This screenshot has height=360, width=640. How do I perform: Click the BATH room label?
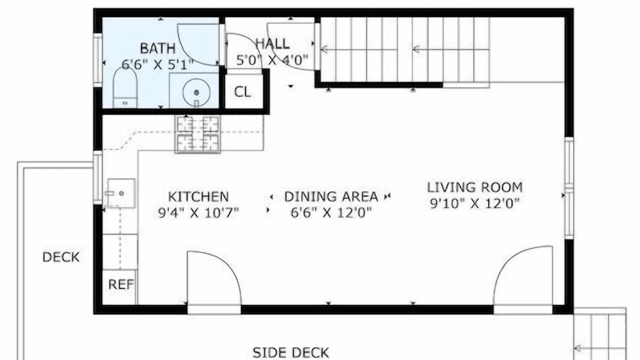[157, 48]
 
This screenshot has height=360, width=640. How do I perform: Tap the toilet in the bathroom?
[125, 87]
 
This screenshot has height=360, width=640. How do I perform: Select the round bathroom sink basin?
[196, 92]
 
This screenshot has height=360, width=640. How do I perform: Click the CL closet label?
[242, 92]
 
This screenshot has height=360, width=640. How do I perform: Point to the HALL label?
[272, 43]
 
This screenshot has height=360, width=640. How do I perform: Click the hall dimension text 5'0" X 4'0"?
[272, 60]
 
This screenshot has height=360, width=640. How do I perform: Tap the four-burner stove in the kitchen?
[197, 134]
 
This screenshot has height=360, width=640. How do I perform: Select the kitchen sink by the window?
[121, 193]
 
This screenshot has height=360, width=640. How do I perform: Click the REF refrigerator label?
[121, 284]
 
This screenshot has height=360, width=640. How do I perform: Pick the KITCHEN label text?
[198, 197]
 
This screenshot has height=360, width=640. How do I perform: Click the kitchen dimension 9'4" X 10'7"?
[198, 213]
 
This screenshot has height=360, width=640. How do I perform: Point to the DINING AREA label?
[331, 196]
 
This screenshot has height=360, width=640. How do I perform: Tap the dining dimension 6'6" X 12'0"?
[331, 212]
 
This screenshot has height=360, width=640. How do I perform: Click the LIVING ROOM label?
[475, 187]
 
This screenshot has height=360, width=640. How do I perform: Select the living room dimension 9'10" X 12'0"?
[475, 203]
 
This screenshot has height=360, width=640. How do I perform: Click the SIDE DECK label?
[291, 353]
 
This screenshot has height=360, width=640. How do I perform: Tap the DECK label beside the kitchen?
[61, 257]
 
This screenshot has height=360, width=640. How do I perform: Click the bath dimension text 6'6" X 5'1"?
[157, 64]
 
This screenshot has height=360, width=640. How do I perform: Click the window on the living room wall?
[569, 188]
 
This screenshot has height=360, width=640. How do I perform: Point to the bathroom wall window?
[97, 60]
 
